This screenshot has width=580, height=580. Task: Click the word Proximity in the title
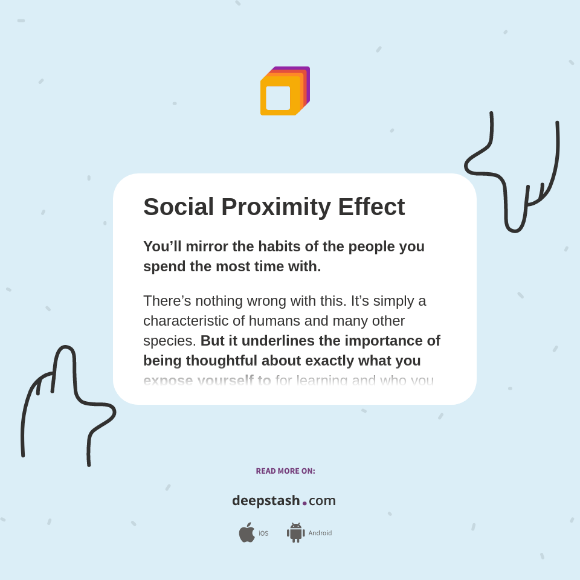pos(275,207)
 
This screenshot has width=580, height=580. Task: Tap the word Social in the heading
pos(179,207)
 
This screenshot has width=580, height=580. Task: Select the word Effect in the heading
pos(371,207)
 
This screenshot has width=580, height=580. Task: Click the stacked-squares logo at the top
pos(285,91)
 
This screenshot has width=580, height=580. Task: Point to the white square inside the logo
pos(278,98)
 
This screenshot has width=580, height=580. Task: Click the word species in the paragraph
pos(167,341)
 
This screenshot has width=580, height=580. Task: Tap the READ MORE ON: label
pos(285,471)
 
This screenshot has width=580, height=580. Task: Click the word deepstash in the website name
pos(266,501)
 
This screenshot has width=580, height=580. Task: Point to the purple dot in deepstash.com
pos(304,503)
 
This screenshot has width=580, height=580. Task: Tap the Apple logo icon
pos(246,532)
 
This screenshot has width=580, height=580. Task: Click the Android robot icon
pos(295,533)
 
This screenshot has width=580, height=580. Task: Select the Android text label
pos(320,533)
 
